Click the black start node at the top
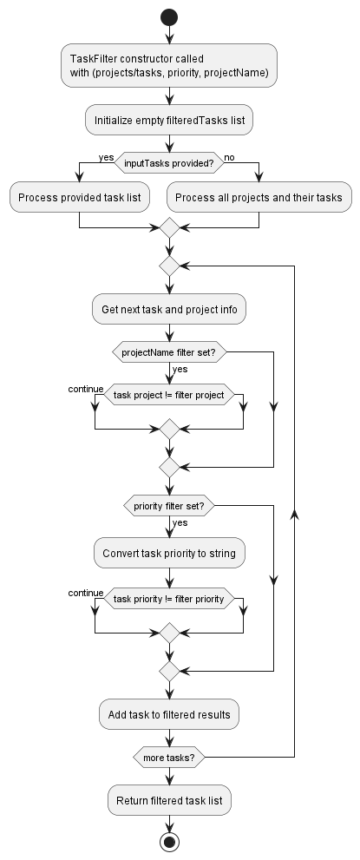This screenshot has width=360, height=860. tap(169, 17)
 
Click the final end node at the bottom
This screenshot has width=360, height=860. tap(169, 841)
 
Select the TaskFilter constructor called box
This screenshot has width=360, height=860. tap(169, 65)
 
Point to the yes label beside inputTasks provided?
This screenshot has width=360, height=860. tap(107, 156)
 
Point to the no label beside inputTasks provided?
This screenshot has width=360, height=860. tap(230, 156)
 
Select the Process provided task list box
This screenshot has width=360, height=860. tap(79, 197)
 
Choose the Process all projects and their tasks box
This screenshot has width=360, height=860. tap(259, 197)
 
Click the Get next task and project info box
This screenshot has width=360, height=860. tap(169, 308)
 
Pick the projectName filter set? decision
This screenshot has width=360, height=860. tap(169, 352)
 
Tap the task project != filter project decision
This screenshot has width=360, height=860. tap(169, 395)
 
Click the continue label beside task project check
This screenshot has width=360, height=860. tap(86, 389)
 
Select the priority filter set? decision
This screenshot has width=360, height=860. tap(169, 506)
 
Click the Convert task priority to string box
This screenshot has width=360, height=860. tap(169, 553)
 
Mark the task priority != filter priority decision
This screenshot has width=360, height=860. tap(169, 599)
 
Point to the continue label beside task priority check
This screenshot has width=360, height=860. tap(86, 593)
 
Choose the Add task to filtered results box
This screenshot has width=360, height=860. tap(169, 714)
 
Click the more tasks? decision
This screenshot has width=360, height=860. tap(169, 758)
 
